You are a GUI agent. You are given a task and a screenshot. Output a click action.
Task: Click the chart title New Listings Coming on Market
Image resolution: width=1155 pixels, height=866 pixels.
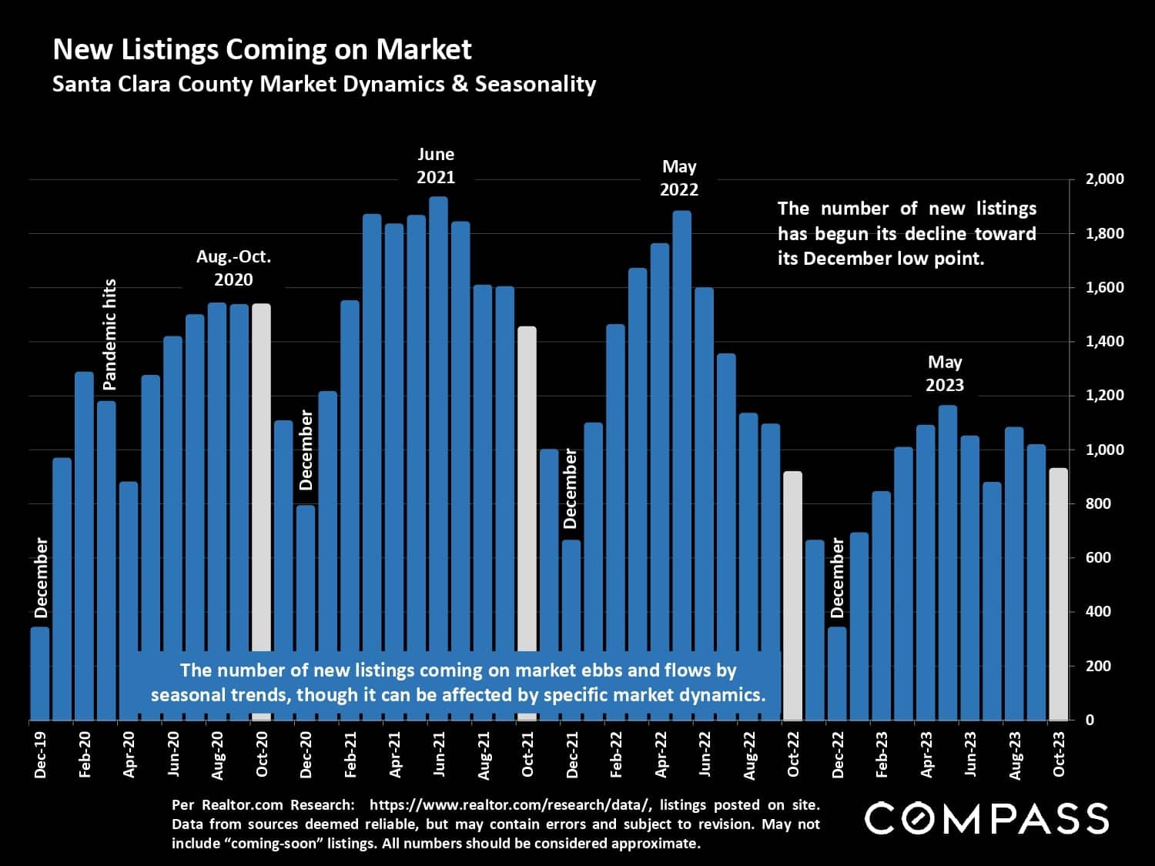[x=262, y=49]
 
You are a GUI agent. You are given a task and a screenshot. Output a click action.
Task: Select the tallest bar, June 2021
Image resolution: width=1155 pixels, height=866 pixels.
[x=438, y=423]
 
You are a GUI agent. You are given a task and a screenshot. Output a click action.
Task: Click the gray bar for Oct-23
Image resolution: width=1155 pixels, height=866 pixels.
[x=1058, y=593]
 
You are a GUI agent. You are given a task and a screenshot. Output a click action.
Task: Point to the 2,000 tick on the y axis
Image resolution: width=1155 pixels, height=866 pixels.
[x=1104, y=179]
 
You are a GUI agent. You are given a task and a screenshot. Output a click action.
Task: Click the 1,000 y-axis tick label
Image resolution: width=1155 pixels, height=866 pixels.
[x=1104, y=450]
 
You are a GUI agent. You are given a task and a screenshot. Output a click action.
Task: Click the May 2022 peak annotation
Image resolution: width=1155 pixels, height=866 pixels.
[x=679, y=178]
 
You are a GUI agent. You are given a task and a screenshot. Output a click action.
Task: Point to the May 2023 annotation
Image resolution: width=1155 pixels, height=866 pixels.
[x=945, y=373]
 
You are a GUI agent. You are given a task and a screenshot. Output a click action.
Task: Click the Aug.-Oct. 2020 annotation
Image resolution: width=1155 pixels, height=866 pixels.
[x=233, y=268]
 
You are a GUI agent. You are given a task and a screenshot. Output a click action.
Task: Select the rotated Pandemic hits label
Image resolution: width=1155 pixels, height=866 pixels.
[x=109, y=334]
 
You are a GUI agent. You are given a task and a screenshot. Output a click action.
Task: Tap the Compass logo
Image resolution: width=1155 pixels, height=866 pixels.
[x=986, y=818]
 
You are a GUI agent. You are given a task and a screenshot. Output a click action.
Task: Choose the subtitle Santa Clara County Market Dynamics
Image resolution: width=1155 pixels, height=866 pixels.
[x=323, y=84]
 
